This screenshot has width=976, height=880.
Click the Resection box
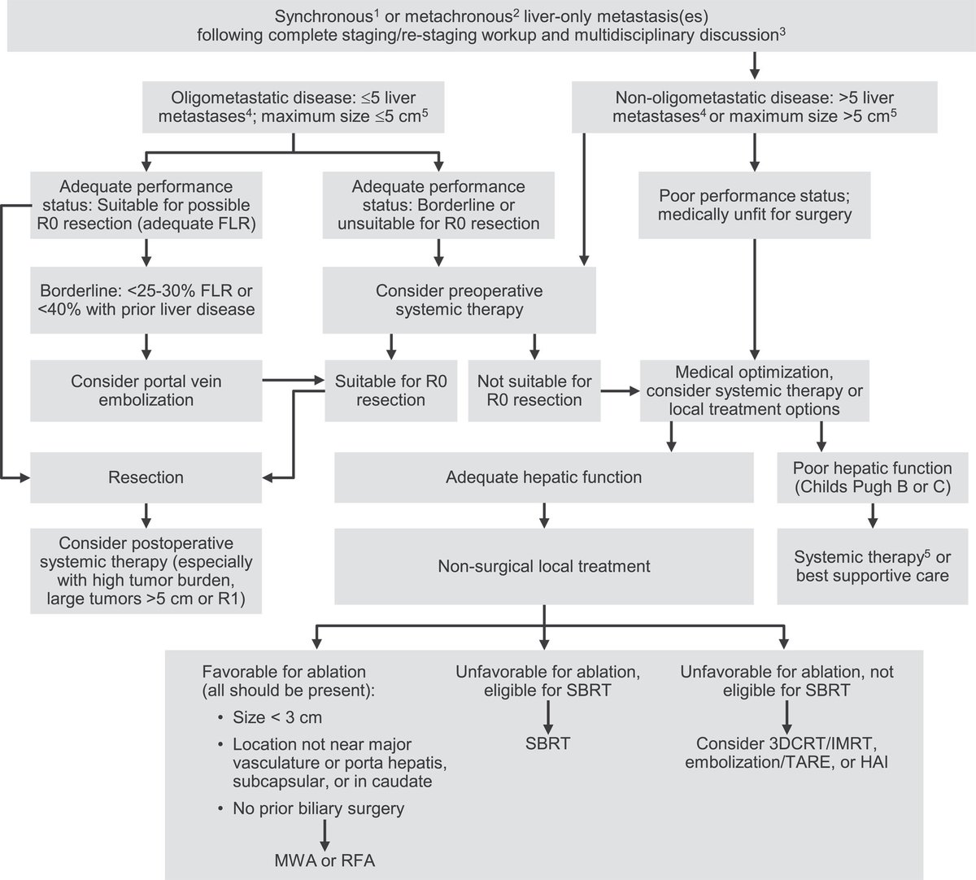[x=146, y=477]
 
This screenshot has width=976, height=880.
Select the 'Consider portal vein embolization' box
[x=146, y=390]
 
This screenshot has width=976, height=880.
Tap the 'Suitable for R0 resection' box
[x=390, y=390]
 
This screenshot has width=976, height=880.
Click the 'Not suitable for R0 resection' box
[x=534, y=390]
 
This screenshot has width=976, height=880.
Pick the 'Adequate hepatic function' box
[x=543, y=477]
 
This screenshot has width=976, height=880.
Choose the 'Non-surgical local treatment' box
[x=543, y=566]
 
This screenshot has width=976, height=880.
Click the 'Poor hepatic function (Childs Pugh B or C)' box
[x=872, y=477]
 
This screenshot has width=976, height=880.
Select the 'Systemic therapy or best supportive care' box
[x=872, y=566]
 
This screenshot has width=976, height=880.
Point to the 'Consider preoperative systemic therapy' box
[x=459, y=300]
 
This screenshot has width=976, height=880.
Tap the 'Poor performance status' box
[x=755, y=205]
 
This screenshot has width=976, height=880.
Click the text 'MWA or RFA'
[x=325, y=860]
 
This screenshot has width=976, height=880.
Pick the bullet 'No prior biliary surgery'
[x=318, y=808]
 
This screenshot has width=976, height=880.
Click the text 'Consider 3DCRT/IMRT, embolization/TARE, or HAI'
[x=786, y=752]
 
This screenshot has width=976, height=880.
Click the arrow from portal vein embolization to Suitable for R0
[x=293, y=379]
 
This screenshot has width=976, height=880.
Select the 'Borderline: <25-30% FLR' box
[x=146, y=300]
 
